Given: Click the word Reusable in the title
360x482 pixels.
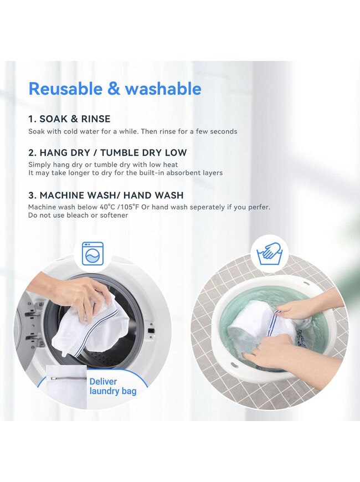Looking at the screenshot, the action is (65, 89).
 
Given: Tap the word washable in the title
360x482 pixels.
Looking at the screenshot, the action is (163, 89).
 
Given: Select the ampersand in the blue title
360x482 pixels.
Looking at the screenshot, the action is (114, 89).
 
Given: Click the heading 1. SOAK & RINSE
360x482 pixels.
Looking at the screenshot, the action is (69, 119).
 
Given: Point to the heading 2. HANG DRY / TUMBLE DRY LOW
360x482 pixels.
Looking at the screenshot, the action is (107, 152).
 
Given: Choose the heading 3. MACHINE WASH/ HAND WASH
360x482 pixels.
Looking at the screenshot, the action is (106, 195).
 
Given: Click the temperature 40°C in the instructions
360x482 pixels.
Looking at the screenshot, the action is (107, 207).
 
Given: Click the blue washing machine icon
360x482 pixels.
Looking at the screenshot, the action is (92, 254).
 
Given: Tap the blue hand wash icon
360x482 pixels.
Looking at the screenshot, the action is (270, 254).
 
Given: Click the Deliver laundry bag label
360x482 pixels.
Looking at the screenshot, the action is (113, 386).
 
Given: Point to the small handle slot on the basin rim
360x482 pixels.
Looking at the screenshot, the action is (235, 365).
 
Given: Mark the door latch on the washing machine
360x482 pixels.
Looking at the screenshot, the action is (151, 331).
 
